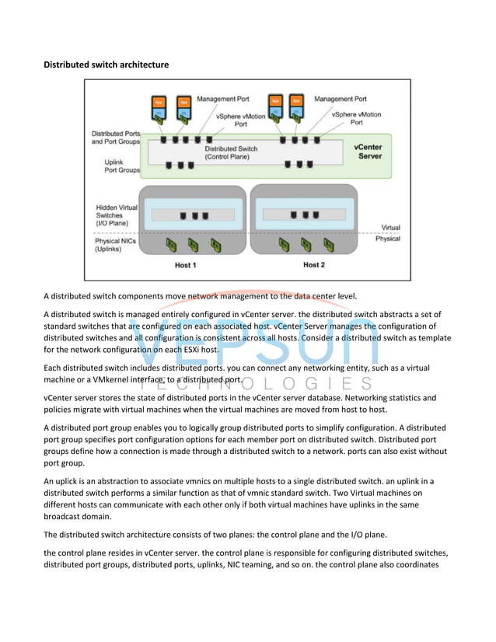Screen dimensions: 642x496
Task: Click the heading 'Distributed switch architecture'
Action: point(106,64)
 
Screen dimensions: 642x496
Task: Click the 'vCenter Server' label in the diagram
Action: point(368,151)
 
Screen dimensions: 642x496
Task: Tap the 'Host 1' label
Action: point(185,265)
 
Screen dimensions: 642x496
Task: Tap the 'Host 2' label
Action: point(313,265)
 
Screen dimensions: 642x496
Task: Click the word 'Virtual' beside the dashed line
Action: point(390,228)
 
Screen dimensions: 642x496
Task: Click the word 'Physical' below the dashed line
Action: point(387,239)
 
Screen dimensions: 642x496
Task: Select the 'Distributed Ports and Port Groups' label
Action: point(116,137)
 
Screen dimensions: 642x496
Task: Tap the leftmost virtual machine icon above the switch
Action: point(159,110)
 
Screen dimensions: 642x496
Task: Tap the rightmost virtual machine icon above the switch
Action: point(296,110)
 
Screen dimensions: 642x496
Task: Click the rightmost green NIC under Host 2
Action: point(326,245)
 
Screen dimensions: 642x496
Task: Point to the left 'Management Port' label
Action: point(222,99)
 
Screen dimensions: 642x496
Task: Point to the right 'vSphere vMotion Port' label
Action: point(356,118)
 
